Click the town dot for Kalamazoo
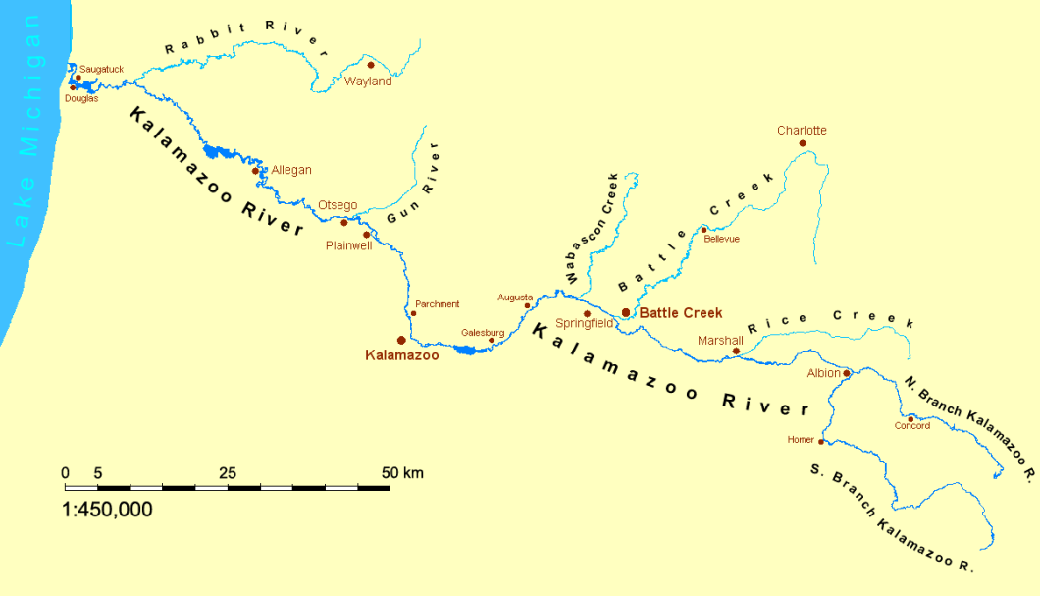401,340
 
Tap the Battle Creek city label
680,313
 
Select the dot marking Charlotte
803,143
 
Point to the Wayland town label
368,81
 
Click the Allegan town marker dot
255,170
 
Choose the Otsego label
338,205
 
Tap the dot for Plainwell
367,234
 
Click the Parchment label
438,304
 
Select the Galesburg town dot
492,341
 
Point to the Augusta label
515,297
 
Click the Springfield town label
585,323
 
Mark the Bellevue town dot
703,230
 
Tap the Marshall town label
720,341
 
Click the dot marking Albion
847,373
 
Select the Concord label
912,426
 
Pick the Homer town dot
821,441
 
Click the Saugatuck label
102,69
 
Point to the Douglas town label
81,98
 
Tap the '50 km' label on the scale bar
402,473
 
